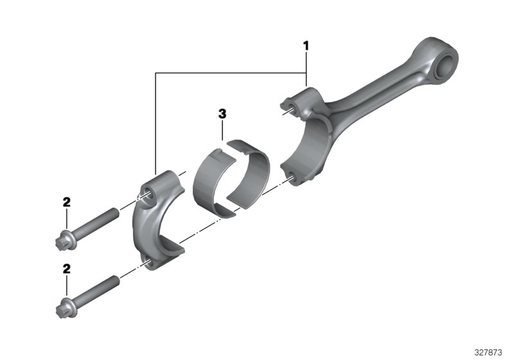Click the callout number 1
click(306, 46)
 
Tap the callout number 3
click(222, 114)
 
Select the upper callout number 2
click(66, 202)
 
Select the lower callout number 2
click(66, 269)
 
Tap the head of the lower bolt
click(63, 310)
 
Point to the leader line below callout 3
click(222, 130)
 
